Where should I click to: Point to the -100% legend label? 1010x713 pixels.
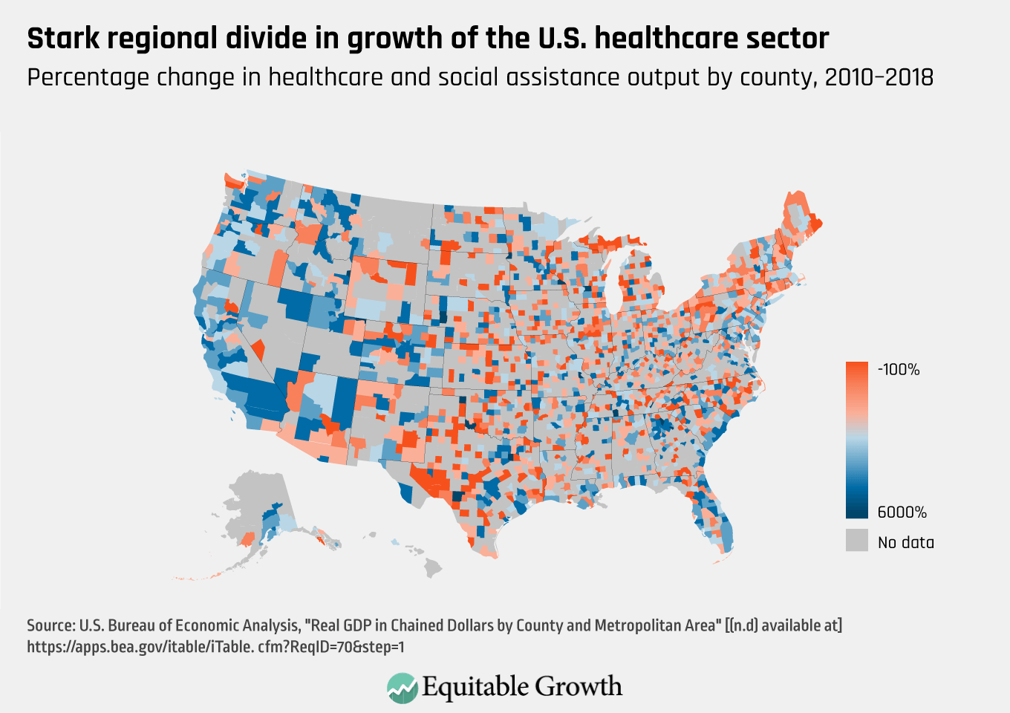pyautogui.click(x=899, y=370)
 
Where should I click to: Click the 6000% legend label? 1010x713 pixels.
pyautogui.click(x=902, y=512)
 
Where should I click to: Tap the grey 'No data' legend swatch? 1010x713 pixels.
pyautogui.click(x=857, y=540)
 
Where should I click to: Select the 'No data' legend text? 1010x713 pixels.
pyautogui.click(x=905, y=543)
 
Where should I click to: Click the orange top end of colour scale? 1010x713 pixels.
pyautogui.click(x=857, y=368)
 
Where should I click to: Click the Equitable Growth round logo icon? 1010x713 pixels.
pyautogui.click(x=402, y=688)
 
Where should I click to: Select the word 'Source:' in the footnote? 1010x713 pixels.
pyautogui.click(x=50, y=625)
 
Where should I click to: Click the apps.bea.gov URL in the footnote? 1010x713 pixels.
pyautogui.click(x=215, y=647)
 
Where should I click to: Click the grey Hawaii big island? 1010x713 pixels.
pyautogui.click(x=433, y=568)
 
